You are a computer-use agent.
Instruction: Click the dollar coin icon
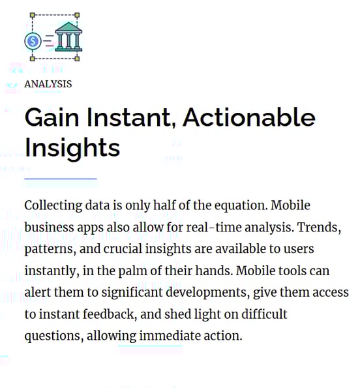[x=33, y=41]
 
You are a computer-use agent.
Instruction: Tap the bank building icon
[x=68, y=37]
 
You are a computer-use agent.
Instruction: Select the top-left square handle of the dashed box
[x=33, y=15]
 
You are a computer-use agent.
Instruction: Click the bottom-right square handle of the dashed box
[x=77, y=59]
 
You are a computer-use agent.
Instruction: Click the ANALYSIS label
[x=48, y=84]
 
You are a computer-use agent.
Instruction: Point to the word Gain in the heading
[x=52, y=117]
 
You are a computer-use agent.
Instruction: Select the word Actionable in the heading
[x=249, y=117]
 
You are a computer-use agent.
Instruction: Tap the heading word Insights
[x=72, y=149]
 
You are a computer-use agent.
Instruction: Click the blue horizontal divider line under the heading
[x=61, y=179]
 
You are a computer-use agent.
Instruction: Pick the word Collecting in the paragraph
[x=53, y=206]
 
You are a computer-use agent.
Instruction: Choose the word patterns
[x=50, y=249]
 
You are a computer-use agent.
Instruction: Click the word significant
[x=132, y=293]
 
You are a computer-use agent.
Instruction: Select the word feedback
[x=110, y=314]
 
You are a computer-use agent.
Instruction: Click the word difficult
[x=264, y=314]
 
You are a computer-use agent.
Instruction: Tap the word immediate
[x=170, y=336]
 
